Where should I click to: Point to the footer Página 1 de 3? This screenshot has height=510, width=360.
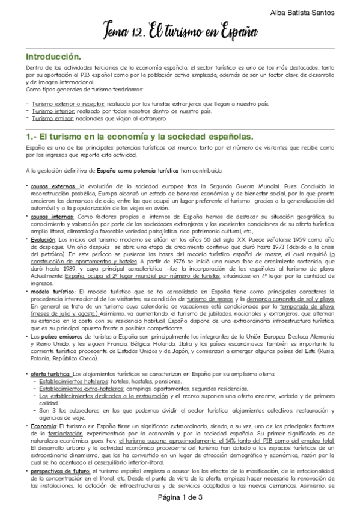[x=180, y=497]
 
